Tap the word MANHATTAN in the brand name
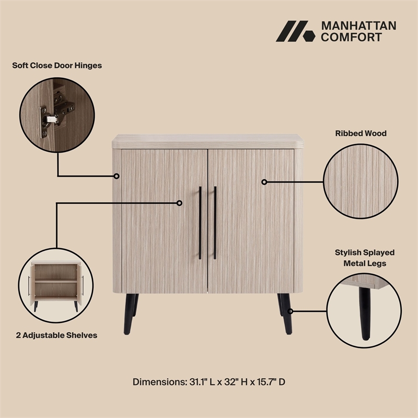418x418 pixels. click(x=358, y=26)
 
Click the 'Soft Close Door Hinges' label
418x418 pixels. click(x=57, y=66)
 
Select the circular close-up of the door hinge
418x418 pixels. click(x=57, y=113)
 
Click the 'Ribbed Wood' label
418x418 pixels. click(x=361, y=133)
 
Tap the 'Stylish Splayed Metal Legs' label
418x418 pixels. click(x=365, y=258)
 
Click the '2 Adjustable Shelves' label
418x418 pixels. click(x=56, y=335)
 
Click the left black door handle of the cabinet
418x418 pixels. click(x=200, y=223)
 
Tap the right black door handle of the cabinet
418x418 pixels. click(x=215, y=223)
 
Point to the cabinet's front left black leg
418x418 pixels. click(x=129, y=314)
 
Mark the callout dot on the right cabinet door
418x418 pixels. click(x=264, y=182)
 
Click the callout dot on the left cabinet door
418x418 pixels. click(x=179, y=203)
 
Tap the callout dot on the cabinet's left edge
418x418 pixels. click(x=117, y=176)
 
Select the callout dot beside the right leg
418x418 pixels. click(x=291, y=311)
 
